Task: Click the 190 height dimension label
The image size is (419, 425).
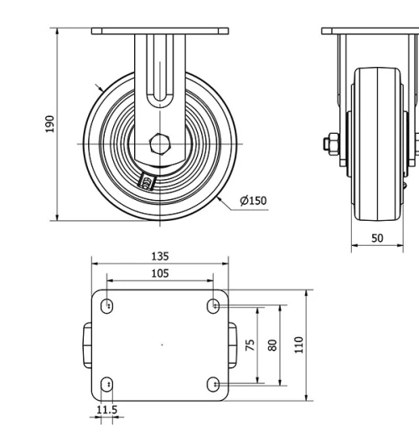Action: pos(49,125)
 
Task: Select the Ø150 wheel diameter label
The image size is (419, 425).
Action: pos(252,201)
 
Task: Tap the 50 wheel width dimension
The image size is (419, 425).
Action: pos(377,238)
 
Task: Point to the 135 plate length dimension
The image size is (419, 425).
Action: pos(160,257)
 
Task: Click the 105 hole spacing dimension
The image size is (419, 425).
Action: pos(160,273)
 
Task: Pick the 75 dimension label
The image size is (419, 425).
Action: pos(251,345)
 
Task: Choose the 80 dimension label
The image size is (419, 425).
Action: pos(272,345)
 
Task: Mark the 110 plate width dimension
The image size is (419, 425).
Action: pos(299,344)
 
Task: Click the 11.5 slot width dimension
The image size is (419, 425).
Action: pos(106,410)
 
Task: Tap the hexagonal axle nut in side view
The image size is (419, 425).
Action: pos(159,143)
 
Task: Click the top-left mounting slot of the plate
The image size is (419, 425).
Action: pos(106,307)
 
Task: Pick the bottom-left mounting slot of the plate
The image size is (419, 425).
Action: pos(106,384)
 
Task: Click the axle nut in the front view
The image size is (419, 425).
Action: pos(328,144)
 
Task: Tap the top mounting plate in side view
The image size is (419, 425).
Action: pos(160,31)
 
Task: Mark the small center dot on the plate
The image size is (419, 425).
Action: pos(163,345)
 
